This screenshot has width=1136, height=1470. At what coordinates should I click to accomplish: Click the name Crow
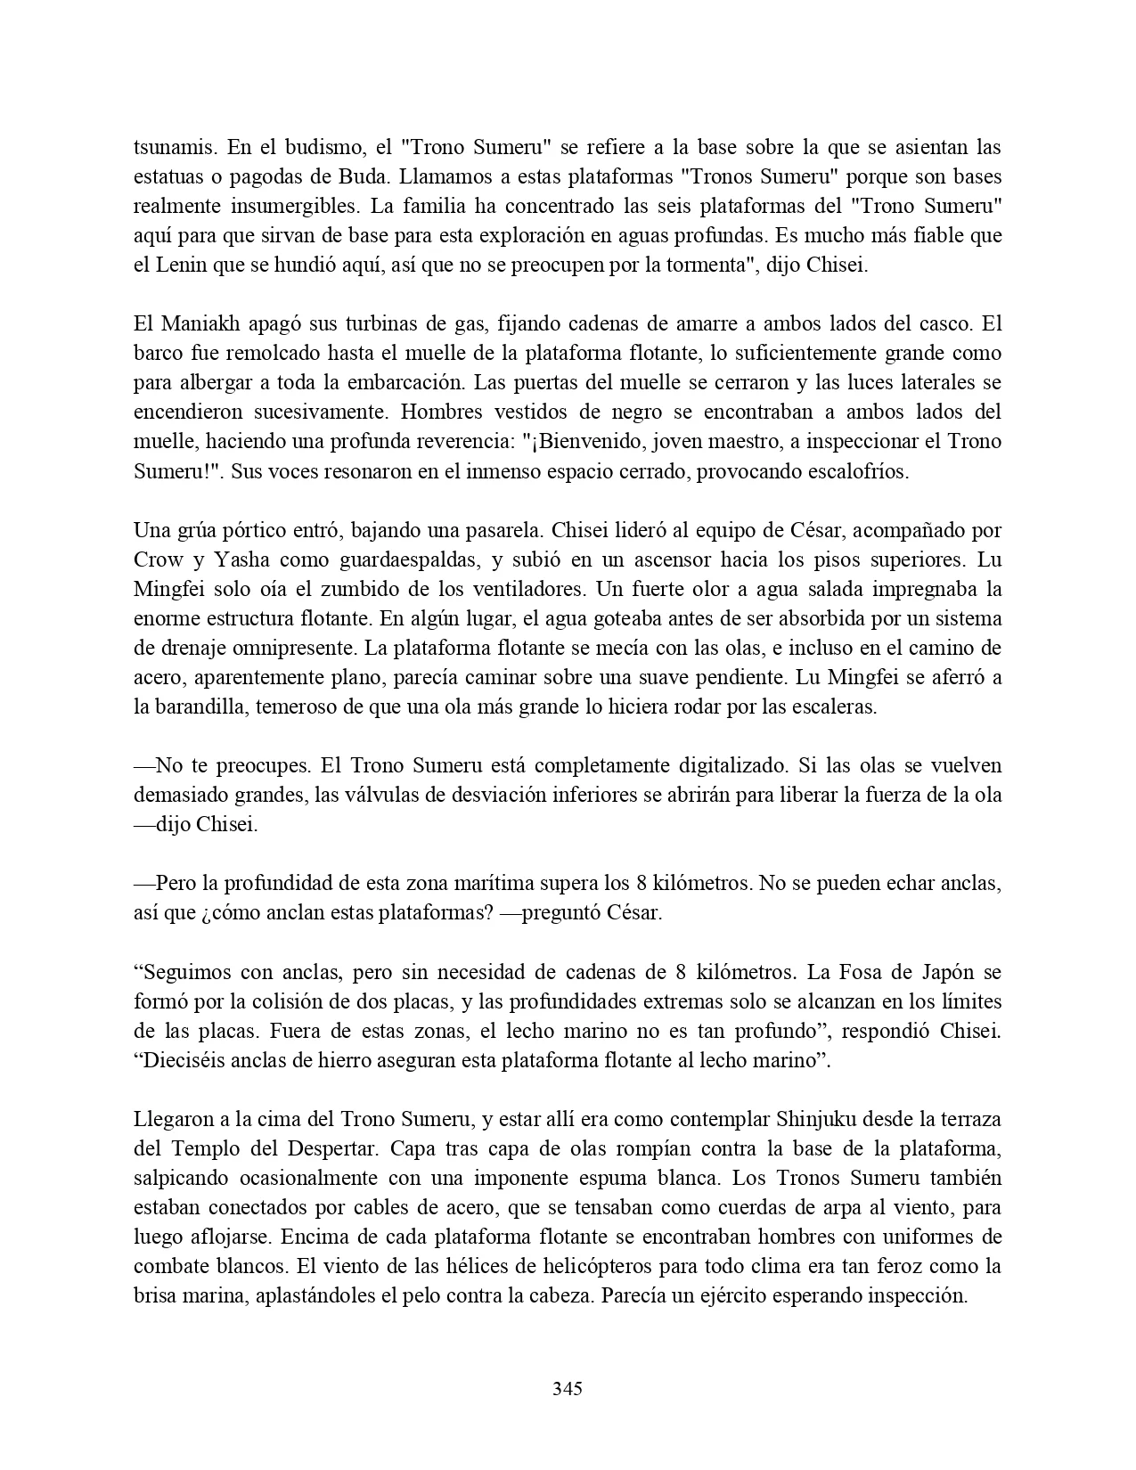pyautogui.click(x=158, y=559)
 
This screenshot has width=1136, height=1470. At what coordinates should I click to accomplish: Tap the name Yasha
pyautogui.click(x=225, y=559)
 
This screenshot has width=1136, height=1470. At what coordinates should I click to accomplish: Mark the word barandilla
pyautogui.click(x=200, y=707)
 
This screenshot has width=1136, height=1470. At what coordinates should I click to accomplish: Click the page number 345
pyautogui.click(x=568, y=1388)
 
